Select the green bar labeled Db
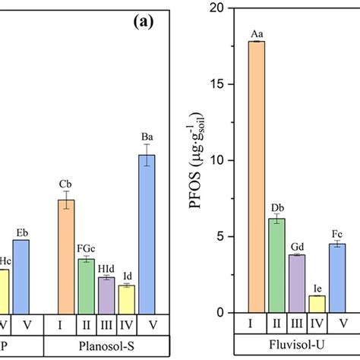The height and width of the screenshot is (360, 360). [277, 266]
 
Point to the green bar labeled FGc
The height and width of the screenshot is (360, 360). [87, 286]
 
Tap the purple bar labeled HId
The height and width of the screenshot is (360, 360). [106, 295]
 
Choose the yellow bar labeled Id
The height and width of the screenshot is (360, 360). [127, 298]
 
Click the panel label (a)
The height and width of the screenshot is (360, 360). [141, 22]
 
